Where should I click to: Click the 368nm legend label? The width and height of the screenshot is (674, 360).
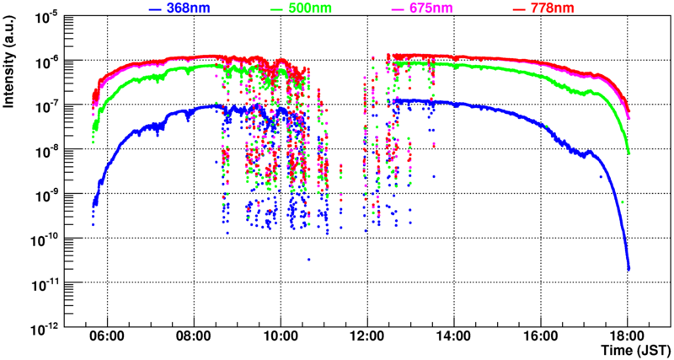point(189,9)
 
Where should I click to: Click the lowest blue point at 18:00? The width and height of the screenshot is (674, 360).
point(629,269)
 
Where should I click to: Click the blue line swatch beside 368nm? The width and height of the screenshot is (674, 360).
point(154,10)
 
